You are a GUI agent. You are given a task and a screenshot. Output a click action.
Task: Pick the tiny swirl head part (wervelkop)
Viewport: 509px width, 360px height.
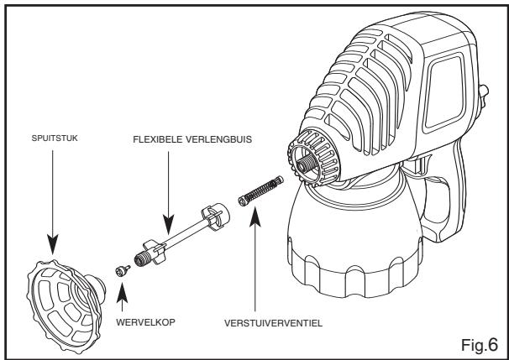(x=121, y=269)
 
